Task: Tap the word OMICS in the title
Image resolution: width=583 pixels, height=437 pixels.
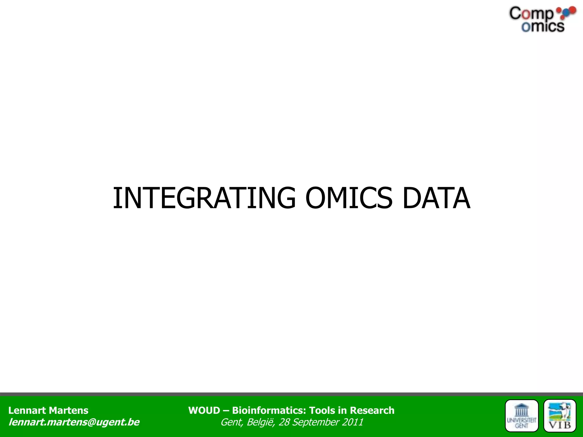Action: tap(349, 198)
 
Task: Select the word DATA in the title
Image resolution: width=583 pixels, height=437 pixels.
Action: tap(436, 198)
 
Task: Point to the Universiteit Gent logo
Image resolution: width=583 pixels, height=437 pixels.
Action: tap(522, 416)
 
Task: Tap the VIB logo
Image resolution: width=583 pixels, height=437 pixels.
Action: tap(560, 416)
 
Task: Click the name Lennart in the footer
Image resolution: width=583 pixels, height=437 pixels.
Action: tap(27, 410)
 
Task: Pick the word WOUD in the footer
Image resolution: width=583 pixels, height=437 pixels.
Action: tap(204, 410)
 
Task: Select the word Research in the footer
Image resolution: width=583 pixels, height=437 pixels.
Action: tap(372, 410)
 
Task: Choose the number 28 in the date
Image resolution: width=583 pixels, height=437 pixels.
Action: tap(284, 422)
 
